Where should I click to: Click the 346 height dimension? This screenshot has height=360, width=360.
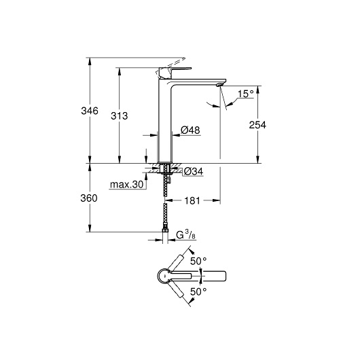point(90,111)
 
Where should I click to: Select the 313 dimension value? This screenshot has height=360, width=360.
point(120,116)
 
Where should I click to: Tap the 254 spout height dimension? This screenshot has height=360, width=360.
point(257,125)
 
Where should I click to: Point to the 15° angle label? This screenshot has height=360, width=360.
point(245,94)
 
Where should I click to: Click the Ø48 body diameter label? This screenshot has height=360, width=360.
point(190,130)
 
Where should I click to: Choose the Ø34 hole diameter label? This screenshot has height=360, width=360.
point(194,171)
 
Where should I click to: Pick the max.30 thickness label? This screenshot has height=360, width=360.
point(127,184)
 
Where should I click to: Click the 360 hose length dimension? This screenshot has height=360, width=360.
point(89,198)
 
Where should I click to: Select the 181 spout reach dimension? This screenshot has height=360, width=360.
point(192,200)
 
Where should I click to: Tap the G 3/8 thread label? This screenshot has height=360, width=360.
point(185,235)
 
